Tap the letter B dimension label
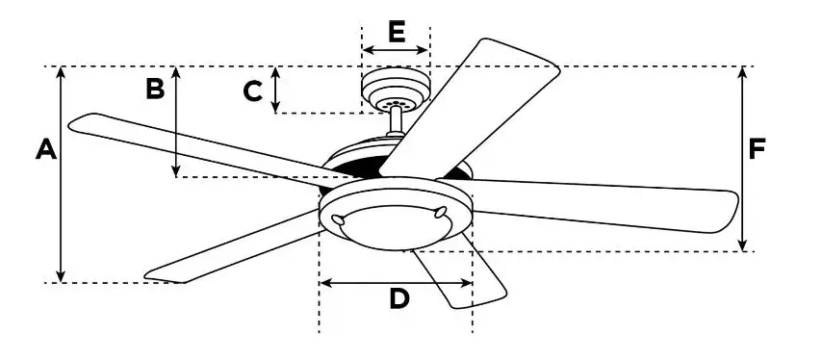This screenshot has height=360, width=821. (x=155, y=89)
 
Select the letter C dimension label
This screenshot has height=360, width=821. (x=253, y=91)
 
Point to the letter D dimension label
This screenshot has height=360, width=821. (x=399, y=299)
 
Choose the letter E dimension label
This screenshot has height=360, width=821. (x=396, y=31)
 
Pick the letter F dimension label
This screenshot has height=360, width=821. (x=757, y=149)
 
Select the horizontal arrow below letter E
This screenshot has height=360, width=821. (x=396, y=49)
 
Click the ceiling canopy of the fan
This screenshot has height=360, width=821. (x=395, y=89)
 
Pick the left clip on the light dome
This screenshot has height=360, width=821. (x=339, y=220)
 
